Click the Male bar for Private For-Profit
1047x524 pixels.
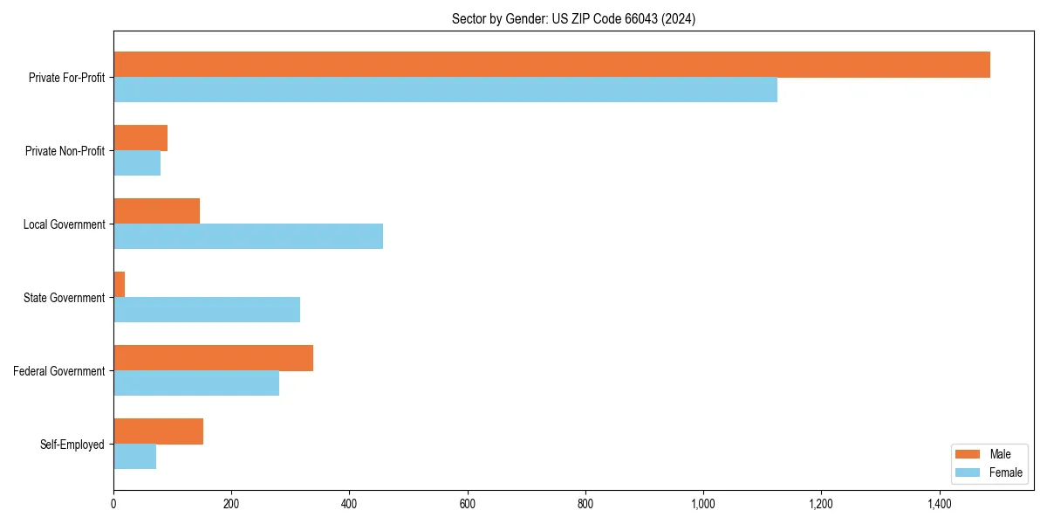pos(551,65)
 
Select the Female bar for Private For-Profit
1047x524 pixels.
pos(445,90)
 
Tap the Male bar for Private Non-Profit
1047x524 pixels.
pos(140,138)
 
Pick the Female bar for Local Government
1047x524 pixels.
pos(248,236)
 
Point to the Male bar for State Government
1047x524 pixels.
pos(120,285)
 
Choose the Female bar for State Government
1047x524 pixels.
pos(207,310)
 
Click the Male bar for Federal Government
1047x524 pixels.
pos(213,358)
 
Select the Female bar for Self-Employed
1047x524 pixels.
pos(134,457)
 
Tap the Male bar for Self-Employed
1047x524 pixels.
pos(158,431)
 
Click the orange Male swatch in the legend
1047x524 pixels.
pos(968,454)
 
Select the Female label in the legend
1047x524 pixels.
pos(1005,472)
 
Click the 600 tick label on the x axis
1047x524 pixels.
pos(467,504)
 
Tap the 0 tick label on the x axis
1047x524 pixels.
pos(113,504)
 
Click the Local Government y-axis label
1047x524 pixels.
pos(64,224)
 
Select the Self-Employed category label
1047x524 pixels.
pos(72,445)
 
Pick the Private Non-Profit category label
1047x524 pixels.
pos(65,151)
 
